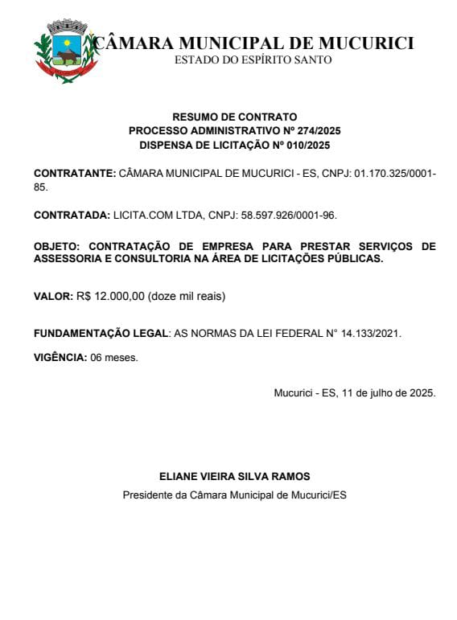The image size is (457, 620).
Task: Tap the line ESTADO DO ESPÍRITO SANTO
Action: (253, 60)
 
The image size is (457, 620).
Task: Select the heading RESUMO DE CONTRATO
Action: (235, 117)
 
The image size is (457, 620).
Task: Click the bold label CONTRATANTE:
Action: (75, 174)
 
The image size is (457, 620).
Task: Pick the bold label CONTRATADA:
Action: (72, 216)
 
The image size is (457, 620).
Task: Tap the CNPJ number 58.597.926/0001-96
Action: (286, 216)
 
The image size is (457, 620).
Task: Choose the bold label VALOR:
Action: (53, 296)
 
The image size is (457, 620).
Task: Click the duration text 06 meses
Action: (114, 357)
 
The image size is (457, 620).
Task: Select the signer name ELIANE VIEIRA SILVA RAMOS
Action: (235, 476)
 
